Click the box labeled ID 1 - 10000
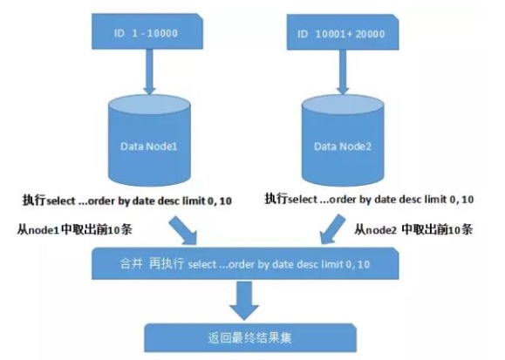coord(147,31)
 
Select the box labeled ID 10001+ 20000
coord(343,32)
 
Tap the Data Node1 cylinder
coord(149,140)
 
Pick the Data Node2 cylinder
coord(343,140)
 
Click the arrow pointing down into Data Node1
coord(149,71)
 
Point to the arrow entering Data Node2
coord(343,71)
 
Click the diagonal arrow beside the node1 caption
coord(183,230)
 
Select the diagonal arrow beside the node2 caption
coord(332,229)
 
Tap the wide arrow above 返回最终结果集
coord(244,300)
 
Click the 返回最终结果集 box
coord(250,338)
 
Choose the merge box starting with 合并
coord(245,263)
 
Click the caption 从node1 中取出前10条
coord(75,229)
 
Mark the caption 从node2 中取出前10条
coord(413,229)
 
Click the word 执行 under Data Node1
coord(34,200)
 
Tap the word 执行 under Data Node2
coord(276,199)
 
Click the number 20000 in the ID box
coord(370,34)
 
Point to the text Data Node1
coord(149,146)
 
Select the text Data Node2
coord(343,146)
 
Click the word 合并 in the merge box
coord(131,264)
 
